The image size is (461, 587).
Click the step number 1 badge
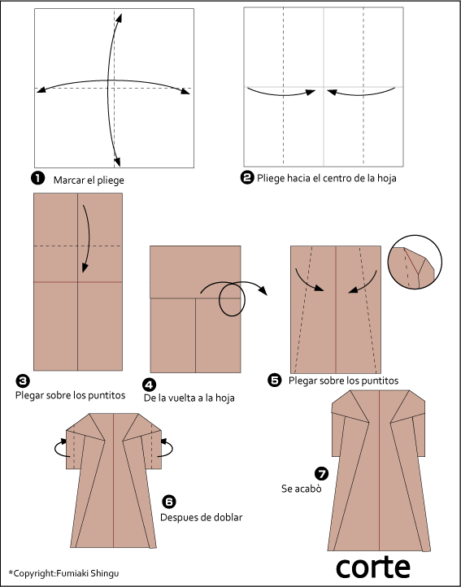point(37,179)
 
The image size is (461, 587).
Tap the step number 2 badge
point(247,177)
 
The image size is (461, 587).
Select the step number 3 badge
point(23,381)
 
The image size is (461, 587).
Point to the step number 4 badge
point(150,385)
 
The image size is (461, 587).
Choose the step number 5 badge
point(275,380)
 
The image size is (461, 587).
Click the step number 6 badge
point(169,502)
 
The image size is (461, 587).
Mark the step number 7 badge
point(321,473)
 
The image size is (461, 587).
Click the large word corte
point(373,567)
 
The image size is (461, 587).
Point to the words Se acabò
point(302,489)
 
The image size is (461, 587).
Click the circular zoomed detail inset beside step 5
point(415,262)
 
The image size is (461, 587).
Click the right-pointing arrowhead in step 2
point(311,92)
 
